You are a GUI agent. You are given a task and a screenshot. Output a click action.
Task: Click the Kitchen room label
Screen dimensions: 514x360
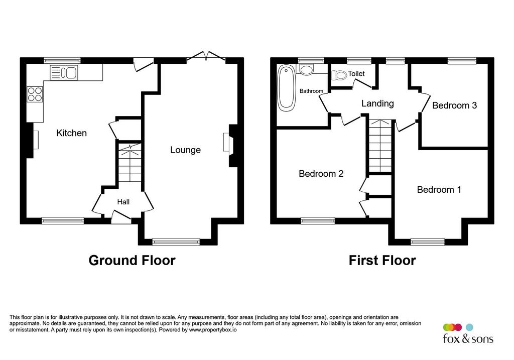pos(71,133)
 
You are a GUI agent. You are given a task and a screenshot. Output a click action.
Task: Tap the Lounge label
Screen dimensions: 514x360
pos(186,150)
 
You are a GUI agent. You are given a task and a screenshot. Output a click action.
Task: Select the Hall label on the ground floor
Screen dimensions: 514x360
pos(123,202)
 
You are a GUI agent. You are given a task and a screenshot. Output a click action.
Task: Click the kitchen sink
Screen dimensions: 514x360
pos(64,72)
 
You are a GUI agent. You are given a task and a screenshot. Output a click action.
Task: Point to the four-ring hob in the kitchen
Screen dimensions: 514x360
pos(35,94)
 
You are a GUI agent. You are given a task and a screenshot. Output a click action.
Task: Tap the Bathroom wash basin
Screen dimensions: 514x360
pos(307,69)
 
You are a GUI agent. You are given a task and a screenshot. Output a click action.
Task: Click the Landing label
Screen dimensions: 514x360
pos(377,103)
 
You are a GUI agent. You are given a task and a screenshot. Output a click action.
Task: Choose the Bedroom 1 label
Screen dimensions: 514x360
pos(439,189)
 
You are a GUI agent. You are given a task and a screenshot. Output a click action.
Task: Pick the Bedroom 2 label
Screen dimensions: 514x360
pos(321,173)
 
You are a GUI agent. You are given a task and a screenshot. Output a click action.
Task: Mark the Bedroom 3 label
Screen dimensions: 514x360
pos(454,105)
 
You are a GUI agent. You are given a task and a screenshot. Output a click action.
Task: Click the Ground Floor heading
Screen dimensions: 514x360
pos(132,260)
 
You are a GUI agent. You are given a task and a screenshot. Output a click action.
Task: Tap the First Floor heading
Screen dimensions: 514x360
pos(382,260)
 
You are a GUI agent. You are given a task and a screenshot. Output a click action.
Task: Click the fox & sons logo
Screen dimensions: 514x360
pos(468,333)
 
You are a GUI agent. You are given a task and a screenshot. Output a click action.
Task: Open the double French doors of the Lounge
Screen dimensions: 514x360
pos(206,56)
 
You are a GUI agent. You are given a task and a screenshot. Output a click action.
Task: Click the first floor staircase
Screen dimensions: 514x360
pos(380,146)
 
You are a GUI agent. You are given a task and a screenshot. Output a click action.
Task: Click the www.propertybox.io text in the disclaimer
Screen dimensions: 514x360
pos(212,330)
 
